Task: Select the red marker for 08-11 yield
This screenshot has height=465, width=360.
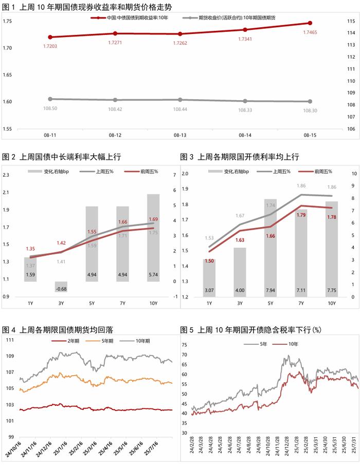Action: click(50, 37)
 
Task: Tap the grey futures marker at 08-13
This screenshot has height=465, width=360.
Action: click(180, 100)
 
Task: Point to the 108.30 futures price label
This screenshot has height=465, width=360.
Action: click(311, 110)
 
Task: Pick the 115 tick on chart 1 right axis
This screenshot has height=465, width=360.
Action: click(351, 21)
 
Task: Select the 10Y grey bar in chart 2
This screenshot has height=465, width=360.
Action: click(153, 237)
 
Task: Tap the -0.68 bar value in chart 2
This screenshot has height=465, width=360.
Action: click(61, 288)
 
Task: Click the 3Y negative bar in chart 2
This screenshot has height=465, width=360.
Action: click(61, 287)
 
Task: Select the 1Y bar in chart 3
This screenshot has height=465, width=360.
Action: click(209, 277)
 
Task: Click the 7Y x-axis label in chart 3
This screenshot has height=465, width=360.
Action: click(301, 304)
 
